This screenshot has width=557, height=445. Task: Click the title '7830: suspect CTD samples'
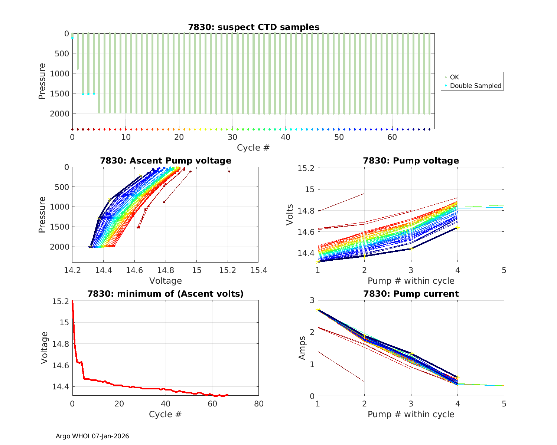[254, 27]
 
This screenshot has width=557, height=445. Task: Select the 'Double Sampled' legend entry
[475, 86]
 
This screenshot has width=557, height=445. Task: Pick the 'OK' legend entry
[454, 77]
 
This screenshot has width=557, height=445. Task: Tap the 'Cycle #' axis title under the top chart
[253, 148]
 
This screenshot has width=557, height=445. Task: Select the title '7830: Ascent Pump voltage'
[165, 161]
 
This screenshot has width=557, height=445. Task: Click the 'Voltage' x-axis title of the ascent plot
[165, 281]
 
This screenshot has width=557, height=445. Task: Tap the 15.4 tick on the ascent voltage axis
[258, 270]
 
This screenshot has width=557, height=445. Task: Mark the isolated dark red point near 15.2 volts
[229, 171]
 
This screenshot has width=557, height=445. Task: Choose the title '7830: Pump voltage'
[411, 161]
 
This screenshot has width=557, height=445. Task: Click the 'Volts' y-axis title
[290, 215]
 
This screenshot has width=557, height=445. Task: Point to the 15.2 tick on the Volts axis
[306, 168]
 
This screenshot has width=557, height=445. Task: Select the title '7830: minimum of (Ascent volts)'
[165, 294]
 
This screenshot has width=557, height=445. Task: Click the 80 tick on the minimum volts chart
[258, 404]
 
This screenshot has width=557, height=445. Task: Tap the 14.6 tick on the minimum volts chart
[61, 366]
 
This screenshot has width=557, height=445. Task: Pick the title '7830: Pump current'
[411, 294]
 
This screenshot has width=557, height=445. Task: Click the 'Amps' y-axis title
[302, 347]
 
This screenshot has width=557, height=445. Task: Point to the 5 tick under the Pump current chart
[504, 404]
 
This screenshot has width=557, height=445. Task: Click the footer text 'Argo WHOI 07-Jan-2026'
[92, 436]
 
